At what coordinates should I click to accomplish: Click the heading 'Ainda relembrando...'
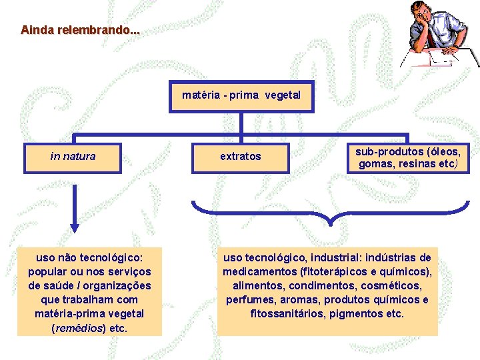click(81, 30)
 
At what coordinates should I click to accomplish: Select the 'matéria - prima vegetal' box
click(241, 95)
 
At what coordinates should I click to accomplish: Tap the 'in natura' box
click(73, 157)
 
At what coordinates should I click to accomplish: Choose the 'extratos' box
click(241, 157)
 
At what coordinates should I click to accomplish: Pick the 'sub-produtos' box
click(407, 157)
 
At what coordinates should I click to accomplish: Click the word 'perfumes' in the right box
click(249, 300)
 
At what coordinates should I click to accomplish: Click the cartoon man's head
click(423, 12)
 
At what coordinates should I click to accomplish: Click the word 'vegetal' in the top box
click(282, 95)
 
